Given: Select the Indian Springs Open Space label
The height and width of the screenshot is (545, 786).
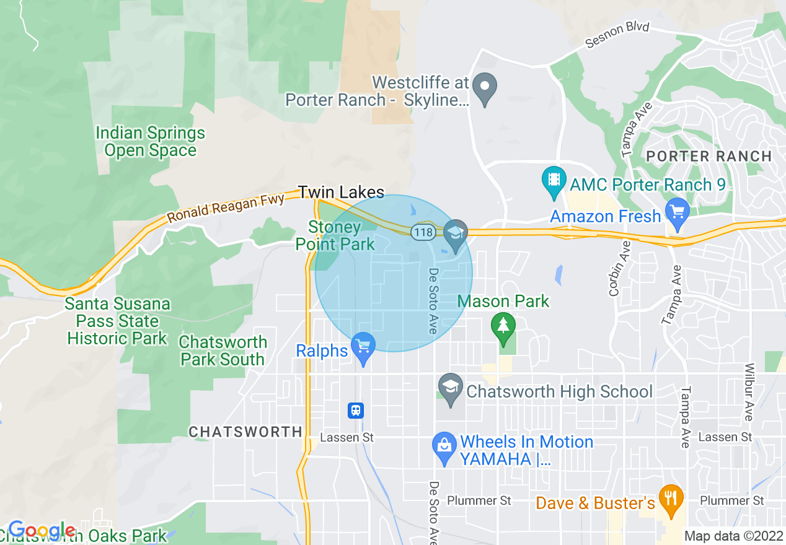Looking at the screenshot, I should click(150, 142).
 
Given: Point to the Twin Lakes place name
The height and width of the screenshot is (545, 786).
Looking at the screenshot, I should click(341, 192).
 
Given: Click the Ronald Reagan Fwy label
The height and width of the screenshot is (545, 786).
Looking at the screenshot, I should click(226, 208).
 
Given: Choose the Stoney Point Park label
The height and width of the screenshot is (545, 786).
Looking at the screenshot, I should click(335, 236).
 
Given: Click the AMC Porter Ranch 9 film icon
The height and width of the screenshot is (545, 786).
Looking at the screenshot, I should click(554, 181).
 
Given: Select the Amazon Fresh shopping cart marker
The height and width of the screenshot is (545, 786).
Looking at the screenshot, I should click(677, 213).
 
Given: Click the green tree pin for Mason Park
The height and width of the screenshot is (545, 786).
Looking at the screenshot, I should click(503, 326).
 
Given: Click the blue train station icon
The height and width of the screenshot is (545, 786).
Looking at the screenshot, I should click(356, 410).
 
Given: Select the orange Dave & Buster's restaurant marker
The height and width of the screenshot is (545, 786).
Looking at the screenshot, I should click(671, 500).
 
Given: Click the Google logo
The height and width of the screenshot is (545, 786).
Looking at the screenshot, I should click(42, 531).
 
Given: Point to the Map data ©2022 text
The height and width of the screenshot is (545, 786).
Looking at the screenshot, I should click(733, 536).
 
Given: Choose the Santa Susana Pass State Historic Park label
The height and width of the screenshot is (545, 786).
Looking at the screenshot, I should click(118, 321).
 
